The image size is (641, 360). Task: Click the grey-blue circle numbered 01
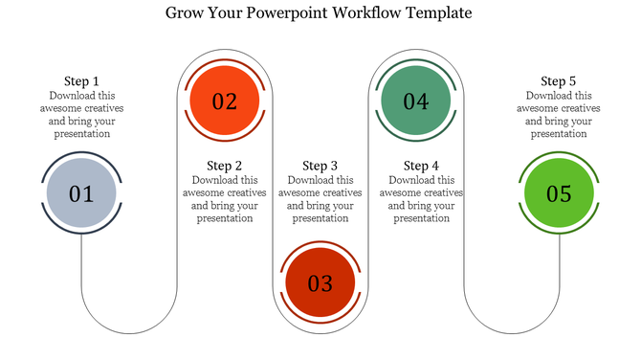(x=81, y=194)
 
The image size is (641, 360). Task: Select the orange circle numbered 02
(x=224, y=100)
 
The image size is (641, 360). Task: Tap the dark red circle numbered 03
(x=320, y=282)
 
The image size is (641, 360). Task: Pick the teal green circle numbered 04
(x=415, y=100)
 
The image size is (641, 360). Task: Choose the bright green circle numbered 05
(x=559, y=194)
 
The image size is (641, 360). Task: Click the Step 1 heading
(x=81, y=81)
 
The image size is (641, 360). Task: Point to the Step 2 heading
(x=225, y=166)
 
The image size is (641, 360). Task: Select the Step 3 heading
(x=320, y=166)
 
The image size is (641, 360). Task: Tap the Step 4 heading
(x=422, y=166)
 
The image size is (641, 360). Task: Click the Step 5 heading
(x=559, y=81)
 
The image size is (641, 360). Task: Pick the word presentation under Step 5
(x=559, y=134)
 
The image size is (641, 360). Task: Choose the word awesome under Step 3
(x=298, y=192)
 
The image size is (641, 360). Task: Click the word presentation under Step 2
(x=225, y=218)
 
